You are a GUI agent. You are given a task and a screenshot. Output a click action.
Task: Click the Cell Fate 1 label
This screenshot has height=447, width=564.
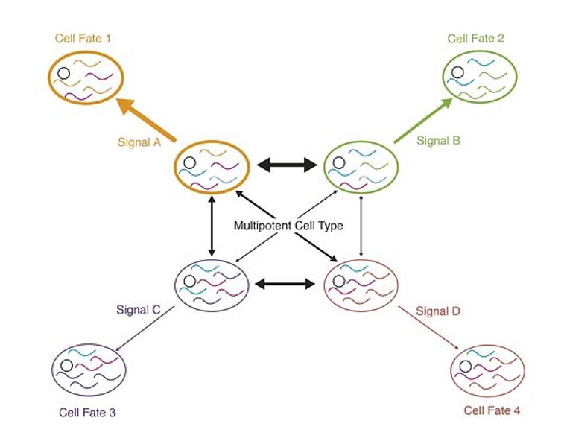(83, 37)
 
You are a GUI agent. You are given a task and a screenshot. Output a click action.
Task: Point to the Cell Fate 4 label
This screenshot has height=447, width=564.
(492, 410)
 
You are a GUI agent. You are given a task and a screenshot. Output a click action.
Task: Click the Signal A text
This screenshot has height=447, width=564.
(139, 142)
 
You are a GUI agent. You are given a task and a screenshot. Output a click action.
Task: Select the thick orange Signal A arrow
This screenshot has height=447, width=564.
(147, 121)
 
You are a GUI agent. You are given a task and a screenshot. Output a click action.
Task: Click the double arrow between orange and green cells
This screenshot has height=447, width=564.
(287, 165)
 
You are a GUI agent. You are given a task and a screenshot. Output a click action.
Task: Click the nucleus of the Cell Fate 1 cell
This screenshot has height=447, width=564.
(64, 74)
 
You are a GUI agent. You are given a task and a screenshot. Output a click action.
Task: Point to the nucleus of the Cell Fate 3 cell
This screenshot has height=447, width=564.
(67, 366)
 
